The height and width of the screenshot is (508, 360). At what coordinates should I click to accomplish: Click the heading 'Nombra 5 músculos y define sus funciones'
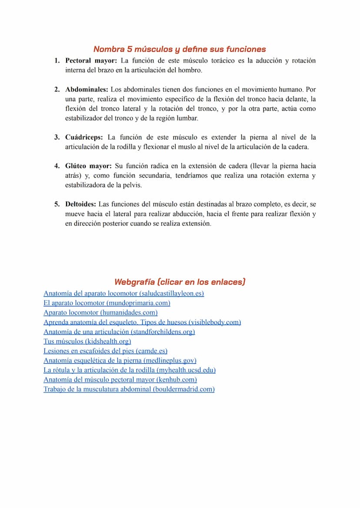pyautogui.click(x=180, y=49)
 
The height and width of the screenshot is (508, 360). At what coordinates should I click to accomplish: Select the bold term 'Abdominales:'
pyautogui.click(x=87, y=90)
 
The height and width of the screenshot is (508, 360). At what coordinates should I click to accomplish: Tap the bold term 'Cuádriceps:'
pyautogui.click(x=84, y=137)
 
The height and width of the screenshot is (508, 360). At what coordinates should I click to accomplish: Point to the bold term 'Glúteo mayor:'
pyautogui.click(x=88, y=166)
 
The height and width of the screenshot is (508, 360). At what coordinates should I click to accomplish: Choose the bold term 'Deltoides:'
pyautogui.click(x=81, y=204)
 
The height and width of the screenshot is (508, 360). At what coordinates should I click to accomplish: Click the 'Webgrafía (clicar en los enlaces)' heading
pyautogui.click(x=180, y=282)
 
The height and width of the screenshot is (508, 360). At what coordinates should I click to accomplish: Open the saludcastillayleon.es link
pyautogui.click(x=123, y=293)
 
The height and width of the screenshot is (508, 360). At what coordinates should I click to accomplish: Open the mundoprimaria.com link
pyautogui.click(x=107, y=303)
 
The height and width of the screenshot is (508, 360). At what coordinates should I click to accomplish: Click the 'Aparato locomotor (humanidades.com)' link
pyautogui.click(x=100, y=312)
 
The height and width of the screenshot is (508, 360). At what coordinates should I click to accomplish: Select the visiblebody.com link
pyautogui.click(x=142, y=322)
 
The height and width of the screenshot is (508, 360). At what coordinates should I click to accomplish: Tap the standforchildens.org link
pyautogui.click(x=119, y=332)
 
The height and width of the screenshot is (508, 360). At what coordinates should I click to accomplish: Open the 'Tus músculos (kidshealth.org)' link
pyautogui.click(x=87, y=341)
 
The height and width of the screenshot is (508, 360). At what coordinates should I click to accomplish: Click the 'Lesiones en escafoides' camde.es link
pyautogui.click(x=105, y=351)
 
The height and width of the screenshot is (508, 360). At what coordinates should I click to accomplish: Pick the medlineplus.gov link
pyautogui.click(x=120, y=360)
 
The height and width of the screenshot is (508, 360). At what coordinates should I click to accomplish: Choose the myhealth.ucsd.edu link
pyautogui.click(x=130, y=370)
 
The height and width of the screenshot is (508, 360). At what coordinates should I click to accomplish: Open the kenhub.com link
pyautogui.click(x=120, y=379)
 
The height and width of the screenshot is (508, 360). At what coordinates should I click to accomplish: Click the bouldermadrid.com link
pyautogui.click(x=129, y=389)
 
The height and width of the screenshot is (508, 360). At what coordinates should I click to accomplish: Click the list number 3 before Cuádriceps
pyautogui.click(x=57, y=137)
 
